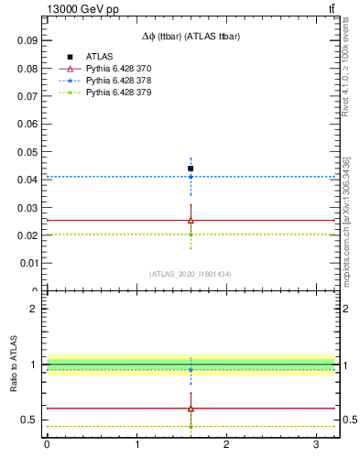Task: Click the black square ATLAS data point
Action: pyautogui.click(x=191, y=169)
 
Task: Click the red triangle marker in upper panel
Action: pyautogui.click(x=191, y=220)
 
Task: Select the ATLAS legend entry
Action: pyautogui.click(x=99, y=57)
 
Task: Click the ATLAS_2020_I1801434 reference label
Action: pyautogui.click(x=191, y=274)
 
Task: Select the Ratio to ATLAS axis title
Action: pyautogui.click(x=15, y=364)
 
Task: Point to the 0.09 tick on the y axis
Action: pyautogui.click(x=27, y=40)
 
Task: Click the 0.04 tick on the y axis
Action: pyautogui.click(x=27, y=180)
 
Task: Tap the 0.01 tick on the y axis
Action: pyautogui.click(x=27, y=263)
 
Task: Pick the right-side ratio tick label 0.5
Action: pyautogui.click(x=349, y=420)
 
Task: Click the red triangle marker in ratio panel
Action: pyautogui.click(x=191, y=409)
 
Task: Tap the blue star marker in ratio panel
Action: pyautogui.click(x=191, y=370)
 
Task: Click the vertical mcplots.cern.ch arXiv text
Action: pyautogui.click(x=346, y=220)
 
